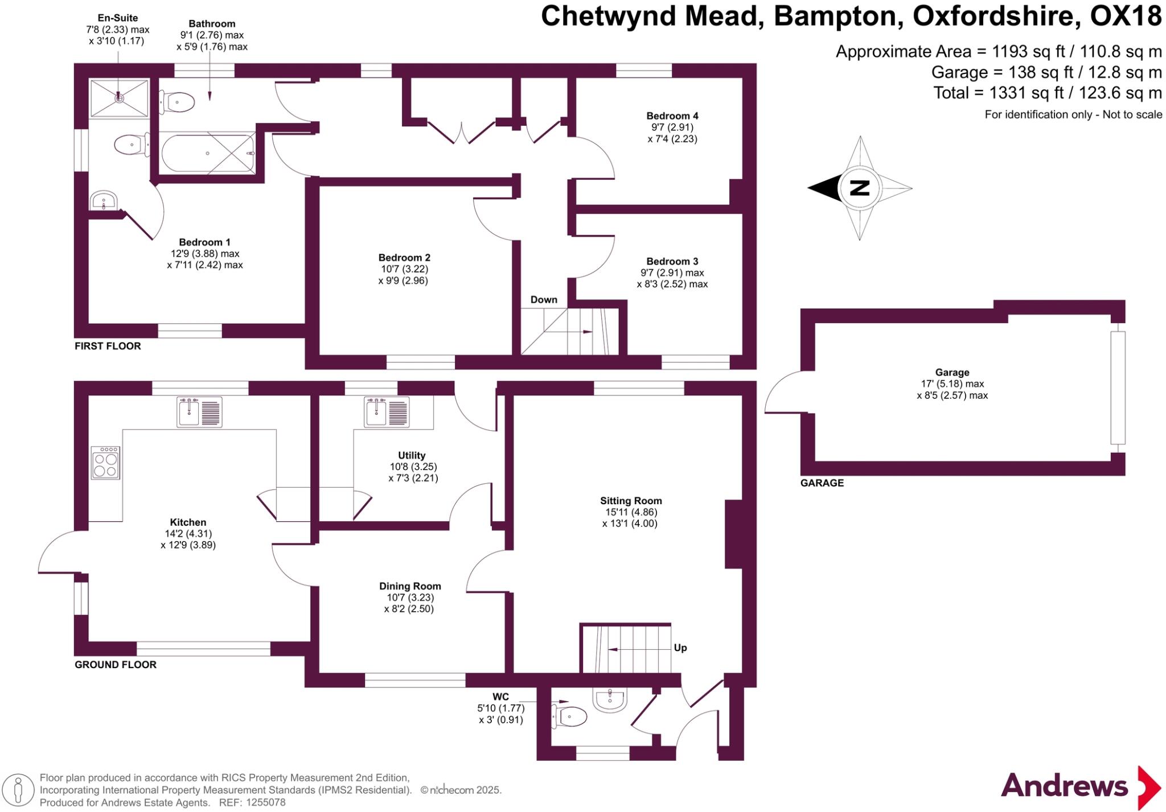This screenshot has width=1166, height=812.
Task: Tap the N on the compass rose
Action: [859, 188]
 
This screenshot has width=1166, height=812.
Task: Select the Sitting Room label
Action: [631, 501]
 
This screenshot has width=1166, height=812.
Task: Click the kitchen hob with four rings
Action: [105, 463]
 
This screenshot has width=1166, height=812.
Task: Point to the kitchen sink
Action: [199, 411]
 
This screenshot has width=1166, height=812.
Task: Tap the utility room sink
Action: [386, 411]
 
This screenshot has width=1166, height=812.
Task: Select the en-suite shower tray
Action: [119, 98]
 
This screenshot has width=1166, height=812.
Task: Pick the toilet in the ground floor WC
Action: [569, 716]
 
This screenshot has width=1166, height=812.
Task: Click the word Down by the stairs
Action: [544, 300]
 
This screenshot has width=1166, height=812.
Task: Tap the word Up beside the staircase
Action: [680, 648]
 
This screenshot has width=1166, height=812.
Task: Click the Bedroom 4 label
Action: [672, 116]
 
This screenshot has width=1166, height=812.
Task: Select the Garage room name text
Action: [952, 373]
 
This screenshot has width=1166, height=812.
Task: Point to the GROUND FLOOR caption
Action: [116, 665]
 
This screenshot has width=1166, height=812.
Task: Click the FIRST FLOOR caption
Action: [108, 346]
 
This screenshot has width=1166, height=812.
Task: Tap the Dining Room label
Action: [410, 586]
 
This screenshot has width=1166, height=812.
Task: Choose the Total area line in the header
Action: [1047, 93]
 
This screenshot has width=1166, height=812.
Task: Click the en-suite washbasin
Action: [104, 200]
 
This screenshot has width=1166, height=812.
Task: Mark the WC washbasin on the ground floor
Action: [610, 700]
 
